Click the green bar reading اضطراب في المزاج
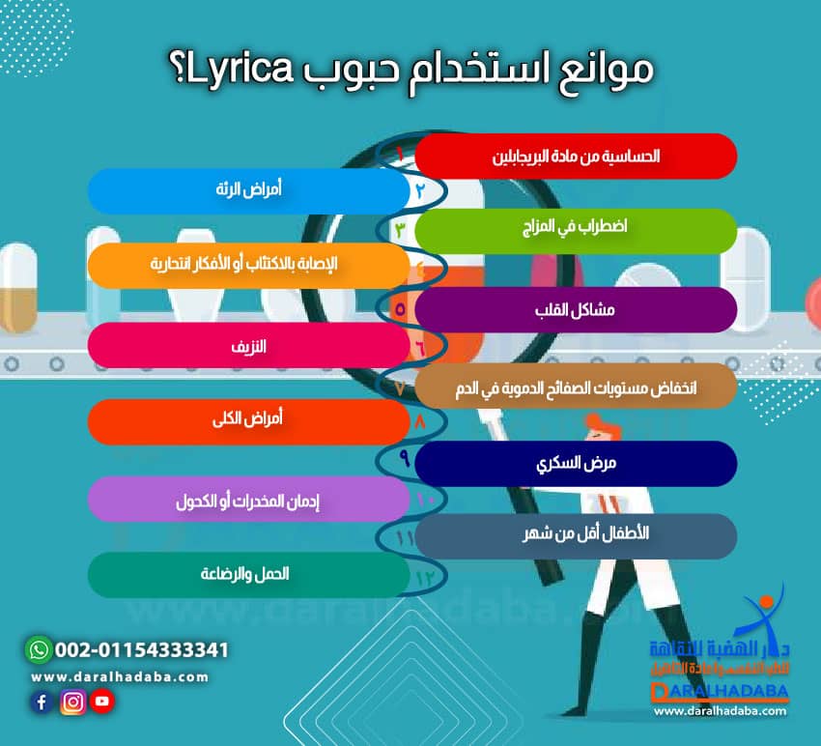coord(576,230)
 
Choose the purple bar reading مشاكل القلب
coord(576,310)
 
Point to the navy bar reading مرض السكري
coord(576,463)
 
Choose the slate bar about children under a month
coord(576,535)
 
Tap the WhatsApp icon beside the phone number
coord(40,649)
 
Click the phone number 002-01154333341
coord(142,649)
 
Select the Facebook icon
coord(42,703)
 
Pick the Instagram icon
coord(72,703)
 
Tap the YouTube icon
coord(102,703)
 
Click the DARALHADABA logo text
coord(720,692)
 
